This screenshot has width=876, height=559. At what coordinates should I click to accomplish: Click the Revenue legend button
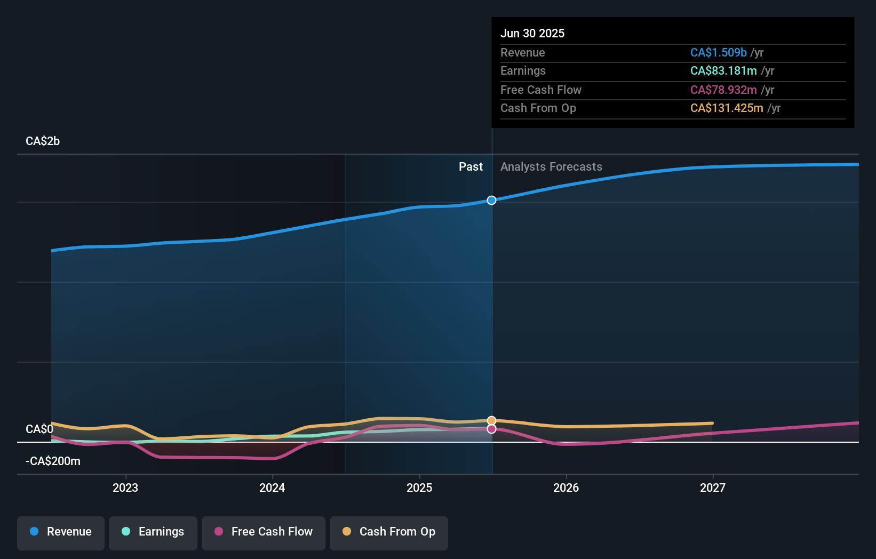(61, 532)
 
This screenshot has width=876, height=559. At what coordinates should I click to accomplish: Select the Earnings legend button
(153, 532)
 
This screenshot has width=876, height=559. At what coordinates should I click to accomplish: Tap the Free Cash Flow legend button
(264, 532)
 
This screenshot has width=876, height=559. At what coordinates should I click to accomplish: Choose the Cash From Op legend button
(389, 532)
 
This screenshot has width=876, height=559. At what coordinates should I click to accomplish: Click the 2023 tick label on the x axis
(125, 488)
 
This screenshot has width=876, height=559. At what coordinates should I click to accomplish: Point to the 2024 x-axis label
(272, 488)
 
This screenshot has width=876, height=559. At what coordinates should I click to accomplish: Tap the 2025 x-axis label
(419, 488)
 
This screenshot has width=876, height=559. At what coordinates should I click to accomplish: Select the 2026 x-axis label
(566, 488)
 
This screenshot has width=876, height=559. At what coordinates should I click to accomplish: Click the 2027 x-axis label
(713, 488)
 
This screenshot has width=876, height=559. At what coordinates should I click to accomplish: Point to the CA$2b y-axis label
(43, 141)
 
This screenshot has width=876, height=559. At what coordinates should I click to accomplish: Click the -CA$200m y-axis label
(53, 461)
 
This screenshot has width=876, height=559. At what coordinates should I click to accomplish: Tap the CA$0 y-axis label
(39, 429)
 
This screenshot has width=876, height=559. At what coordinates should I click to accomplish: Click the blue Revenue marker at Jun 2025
(491, 200)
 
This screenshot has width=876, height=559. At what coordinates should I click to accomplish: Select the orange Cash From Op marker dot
(491, 421)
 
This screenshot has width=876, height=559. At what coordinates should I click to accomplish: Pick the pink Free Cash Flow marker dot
(491, 429)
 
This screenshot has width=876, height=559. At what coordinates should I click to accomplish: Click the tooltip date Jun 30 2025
(532, 34)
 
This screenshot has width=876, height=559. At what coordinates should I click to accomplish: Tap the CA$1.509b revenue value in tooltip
(718, 53)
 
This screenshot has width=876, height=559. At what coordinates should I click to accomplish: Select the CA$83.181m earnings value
(723, 71)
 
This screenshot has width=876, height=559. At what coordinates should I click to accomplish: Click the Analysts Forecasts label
(551, 167)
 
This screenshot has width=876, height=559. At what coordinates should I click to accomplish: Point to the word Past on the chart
(471, 167)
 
